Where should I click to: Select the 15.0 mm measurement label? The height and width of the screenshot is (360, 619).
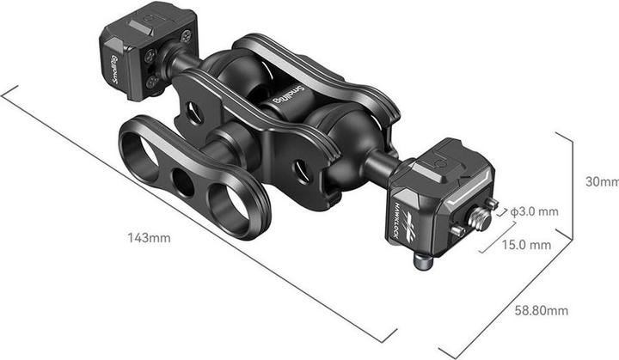[526, 245]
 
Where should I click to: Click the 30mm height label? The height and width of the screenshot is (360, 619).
[601, 182]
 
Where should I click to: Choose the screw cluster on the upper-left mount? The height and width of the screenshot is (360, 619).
[153, 68]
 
